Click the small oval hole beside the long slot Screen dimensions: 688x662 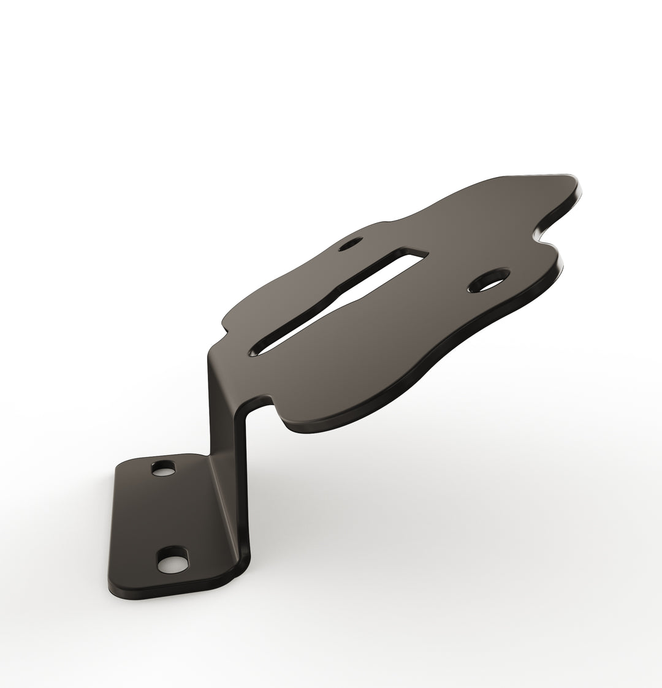pos(351,244)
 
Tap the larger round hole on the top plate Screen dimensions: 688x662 pos(489,281)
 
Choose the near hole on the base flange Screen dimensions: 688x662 pos(171,563)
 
